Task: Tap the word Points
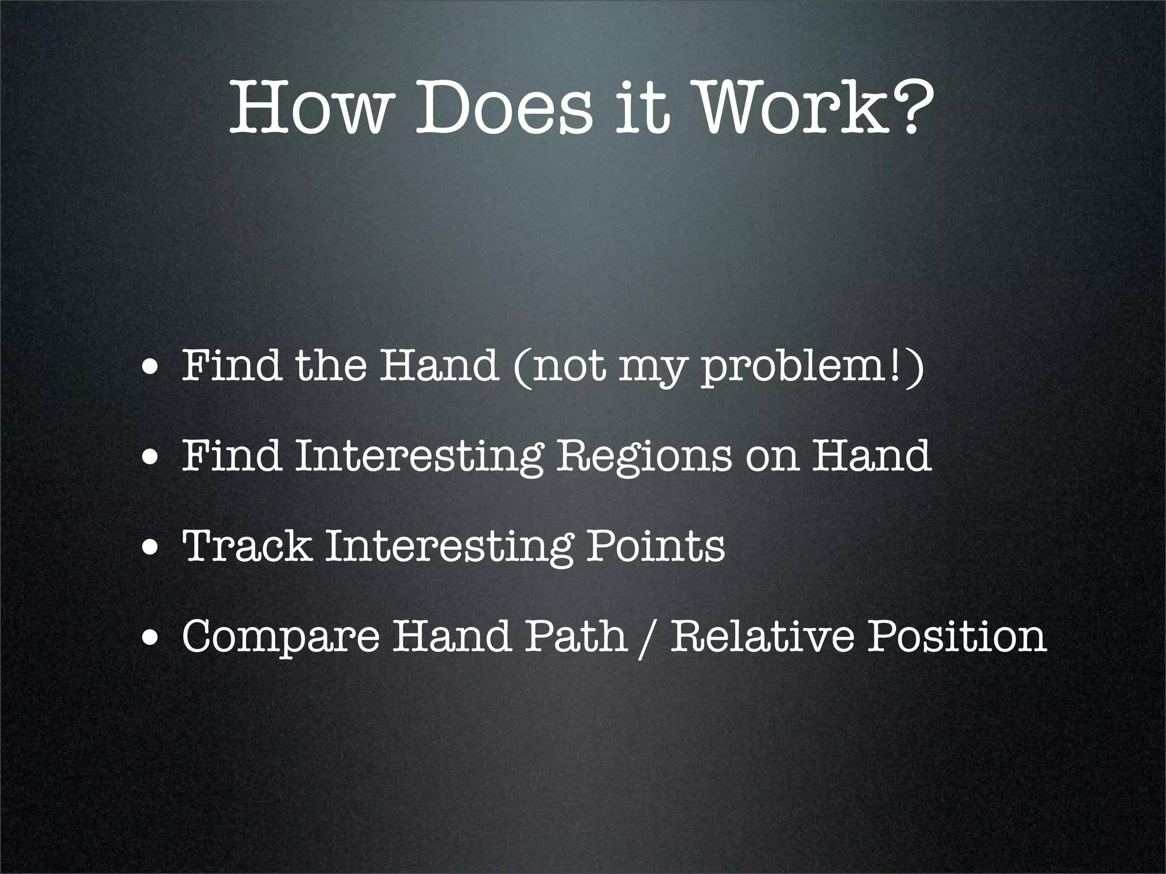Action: click(655, 546)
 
